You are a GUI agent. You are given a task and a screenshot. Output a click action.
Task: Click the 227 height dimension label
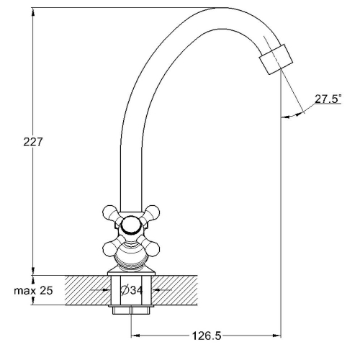(33, 142)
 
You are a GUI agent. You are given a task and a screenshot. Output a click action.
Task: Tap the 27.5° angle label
(328, 99)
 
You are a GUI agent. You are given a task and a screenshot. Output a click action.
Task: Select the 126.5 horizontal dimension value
(207, 336)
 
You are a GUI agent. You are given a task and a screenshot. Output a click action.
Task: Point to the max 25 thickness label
(33, 291)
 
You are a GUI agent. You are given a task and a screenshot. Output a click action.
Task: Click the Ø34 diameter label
(131, 290)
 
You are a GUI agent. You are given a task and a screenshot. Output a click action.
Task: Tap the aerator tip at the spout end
(276, 59)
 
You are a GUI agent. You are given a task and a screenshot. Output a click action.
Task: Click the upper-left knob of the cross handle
(111, 213)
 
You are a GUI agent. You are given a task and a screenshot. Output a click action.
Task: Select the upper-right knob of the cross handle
(152, 213)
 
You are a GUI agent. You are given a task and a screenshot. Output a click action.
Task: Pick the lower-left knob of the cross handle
(111, 248)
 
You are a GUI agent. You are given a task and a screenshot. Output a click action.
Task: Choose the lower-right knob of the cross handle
(152, 248)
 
